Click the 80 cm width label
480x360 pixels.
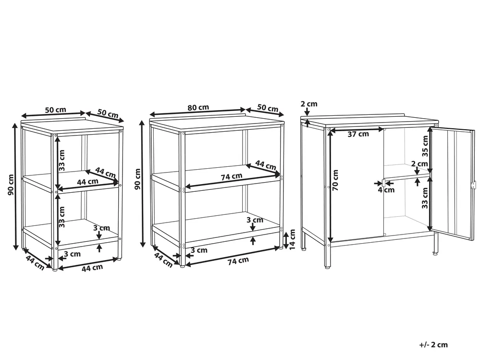point(198,108)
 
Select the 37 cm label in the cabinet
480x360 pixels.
point(358,134)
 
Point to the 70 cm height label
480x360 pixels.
point(335,180)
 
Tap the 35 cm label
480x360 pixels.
point(425,146)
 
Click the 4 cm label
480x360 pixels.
point(386,190)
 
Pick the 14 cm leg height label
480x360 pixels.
point(292,239)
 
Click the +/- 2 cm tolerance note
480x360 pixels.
point(433,345)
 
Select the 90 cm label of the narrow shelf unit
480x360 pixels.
point(11,185)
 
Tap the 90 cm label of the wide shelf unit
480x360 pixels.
point(137,179)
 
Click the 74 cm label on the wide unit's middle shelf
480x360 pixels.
point(232,176)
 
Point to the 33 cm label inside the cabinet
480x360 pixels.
point(425,198)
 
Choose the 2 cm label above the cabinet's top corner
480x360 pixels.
point(309,104)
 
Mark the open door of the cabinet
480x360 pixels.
point(453,184)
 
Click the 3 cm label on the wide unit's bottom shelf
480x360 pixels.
point(255,220)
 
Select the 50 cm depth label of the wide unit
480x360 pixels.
point(268,108)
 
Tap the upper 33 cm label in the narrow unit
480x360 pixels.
point(62,160)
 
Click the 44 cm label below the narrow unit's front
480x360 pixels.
point(92,268)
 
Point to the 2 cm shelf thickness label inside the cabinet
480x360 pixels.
point(419,164)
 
